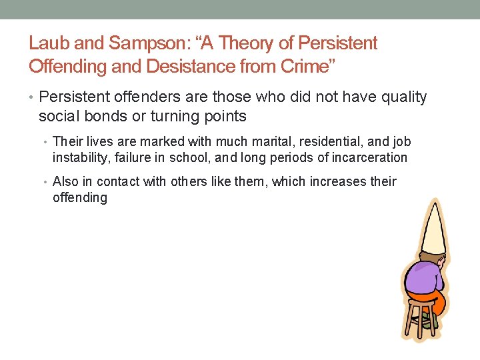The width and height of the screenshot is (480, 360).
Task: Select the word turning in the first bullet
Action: coord(162,117)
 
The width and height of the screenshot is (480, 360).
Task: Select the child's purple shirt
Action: coord(425,276)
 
